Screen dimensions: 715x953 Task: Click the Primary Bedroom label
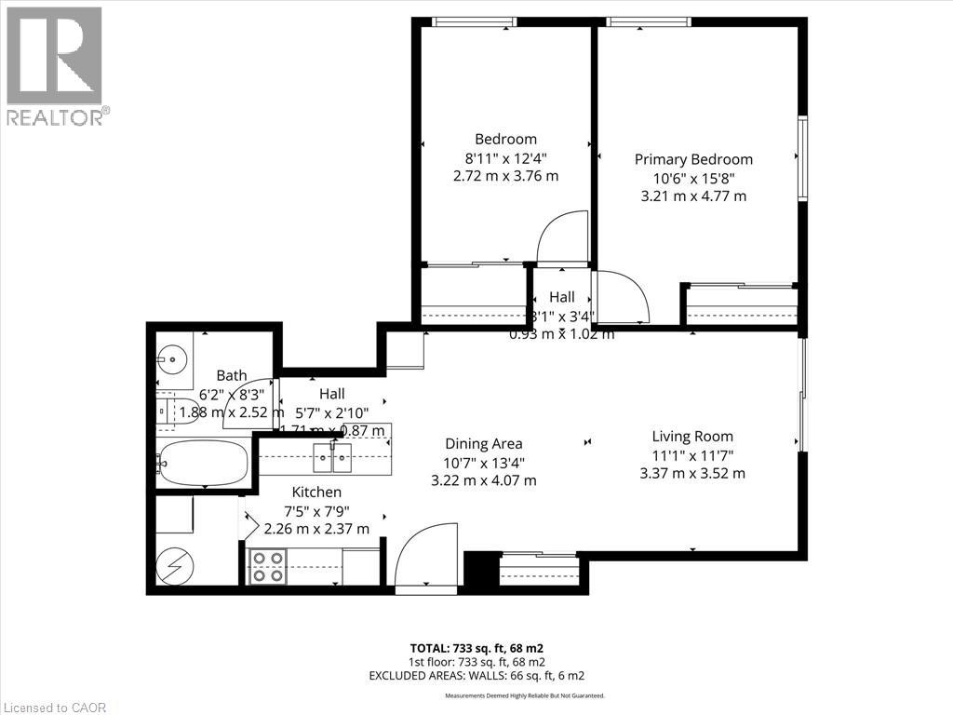[693, 159]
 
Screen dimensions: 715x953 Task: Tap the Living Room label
[692, 436]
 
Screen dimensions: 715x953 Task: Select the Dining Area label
[483, 444]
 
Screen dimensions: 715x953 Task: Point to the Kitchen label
[316, 492]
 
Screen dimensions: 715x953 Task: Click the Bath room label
[231, 376]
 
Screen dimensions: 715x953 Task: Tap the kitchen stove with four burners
[268, 566]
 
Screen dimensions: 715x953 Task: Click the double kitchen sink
[332, 455]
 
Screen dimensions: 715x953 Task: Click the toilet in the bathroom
[168, 410]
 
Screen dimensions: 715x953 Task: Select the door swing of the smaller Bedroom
[563, 237]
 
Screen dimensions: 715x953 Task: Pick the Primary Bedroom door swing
[621, 296]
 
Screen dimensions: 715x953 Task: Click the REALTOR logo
[55, 65]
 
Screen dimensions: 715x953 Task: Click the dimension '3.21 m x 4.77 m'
[693, 196]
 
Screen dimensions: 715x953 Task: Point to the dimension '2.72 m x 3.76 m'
[505, 176]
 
